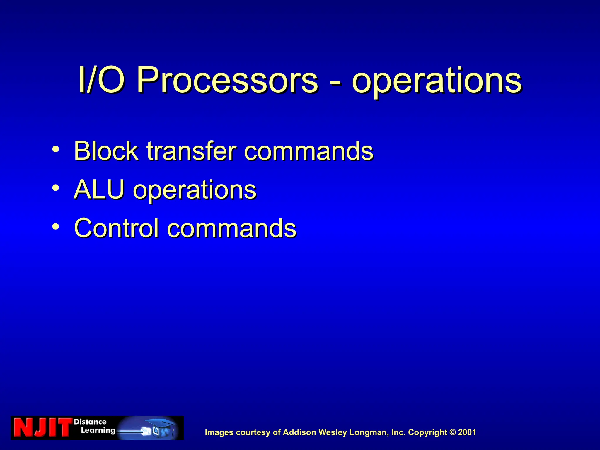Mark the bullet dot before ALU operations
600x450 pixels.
pyautogui.click(x=56, y=188)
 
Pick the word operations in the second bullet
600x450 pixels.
pyautogui.click(x=195, y=190)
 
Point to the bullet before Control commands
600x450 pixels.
pyautogui.click(x=56, y=226)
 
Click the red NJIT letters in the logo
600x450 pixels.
pyautogui.click(x=42, y=428)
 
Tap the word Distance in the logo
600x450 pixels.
pyautogui.click(x=90, y=422)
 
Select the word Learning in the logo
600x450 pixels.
pyautogui.click(x=98, y=430)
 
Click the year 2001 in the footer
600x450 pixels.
pyautogui.click(x=467, y=432)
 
